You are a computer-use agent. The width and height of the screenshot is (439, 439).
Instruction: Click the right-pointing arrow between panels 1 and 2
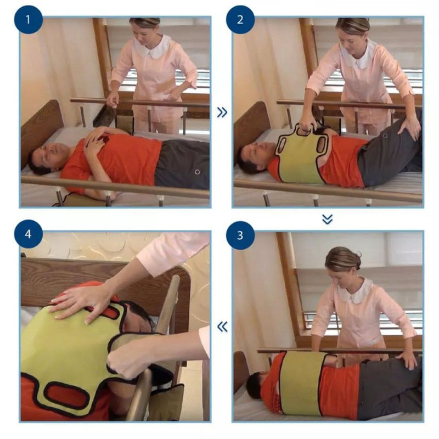point(222,112)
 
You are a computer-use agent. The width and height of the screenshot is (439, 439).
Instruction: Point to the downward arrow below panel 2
point(327,219)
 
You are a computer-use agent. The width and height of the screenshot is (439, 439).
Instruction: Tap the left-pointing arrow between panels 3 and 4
point(222,327)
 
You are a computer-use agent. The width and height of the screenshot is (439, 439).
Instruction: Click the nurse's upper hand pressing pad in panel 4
point(80,300)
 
